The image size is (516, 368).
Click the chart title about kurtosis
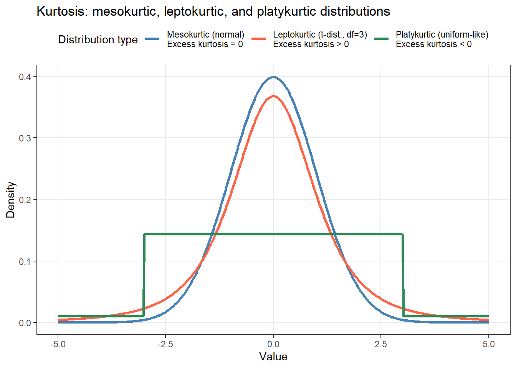tap(213, 11)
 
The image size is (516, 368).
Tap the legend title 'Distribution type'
tap(98, 39)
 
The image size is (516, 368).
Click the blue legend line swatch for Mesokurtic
tap(152, 39)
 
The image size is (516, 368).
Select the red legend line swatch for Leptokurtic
tap(258, 39)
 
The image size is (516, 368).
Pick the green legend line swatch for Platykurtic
tap(381, 39)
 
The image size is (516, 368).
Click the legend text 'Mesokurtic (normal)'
tap(205, 35)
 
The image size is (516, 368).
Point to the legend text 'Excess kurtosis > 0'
tap(311, 44)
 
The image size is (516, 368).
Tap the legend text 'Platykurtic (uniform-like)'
tap(442, 35)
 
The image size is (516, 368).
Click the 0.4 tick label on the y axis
tap(25, 77)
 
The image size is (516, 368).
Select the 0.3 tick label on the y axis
tap(25, 138)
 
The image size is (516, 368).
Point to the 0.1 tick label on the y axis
tap(25, 261)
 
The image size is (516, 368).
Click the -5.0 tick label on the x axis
tap(58, 344)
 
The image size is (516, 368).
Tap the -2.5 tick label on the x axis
tap(165, 344)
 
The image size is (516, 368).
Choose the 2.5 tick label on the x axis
tap(381, 344)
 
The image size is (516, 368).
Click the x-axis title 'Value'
tap(273, 357)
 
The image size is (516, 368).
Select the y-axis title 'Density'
tap(10, 200)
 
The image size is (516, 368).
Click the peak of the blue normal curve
tap(273, 77)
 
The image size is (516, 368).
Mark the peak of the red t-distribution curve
tap(273, 96)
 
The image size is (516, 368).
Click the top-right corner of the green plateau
tap(402, 234)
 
